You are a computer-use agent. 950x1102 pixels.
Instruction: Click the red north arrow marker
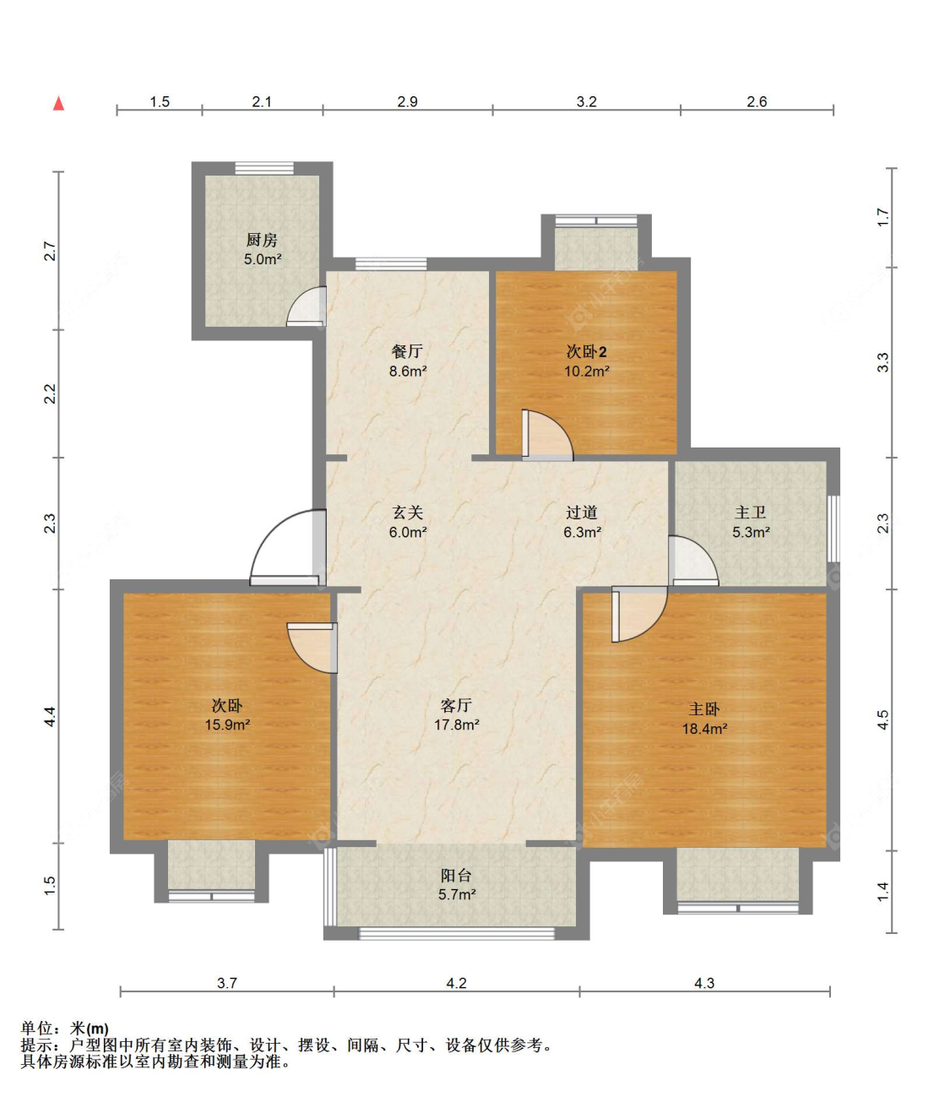click(x=58, y=103)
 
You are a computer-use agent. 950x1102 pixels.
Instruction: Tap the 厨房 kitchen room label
click(x=262, y=240)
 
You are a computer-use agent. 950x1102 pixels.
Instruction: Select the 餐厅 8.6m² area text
click(x=408, y=371)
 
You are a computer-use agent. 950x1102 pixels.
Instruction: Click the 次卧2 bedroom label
click(x=586, y=352)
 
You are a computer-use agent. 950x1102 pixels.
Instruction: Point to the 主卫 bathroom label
click(x=751, y=513)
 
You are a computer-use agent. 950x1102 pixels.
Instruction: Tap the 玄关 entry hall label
click(x=408, y=513)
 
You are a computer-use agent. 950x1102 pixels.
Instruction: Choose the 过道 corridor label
click(x=582, y=513)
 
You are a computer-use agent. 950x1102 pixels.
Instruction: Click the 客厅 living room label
click(x=456, y=705)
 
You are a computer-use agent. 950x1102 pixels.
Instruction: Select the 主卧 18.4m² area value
click(x=705, y=728)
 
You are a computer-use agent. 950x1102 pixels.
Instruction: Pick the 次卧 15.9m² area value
click(x=228, y=725)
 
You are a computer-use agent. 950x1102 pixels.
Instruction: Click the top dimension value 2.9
click(x=407, y=101)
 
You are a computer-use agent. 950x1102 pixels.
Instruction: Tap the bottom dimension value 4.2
click(x=456, y=983)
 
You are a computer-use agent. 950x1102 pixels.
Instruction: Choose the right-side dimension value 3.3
click(x=883, y=362)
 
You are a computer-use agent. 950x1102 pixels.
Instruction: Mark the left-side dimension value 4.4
click(x=50, y=716)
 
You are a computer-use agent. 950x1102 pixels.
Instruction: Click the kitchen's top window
click(x=264, y=168)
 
